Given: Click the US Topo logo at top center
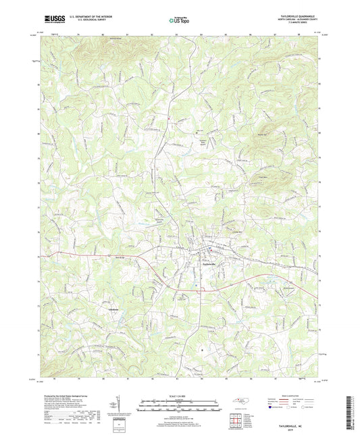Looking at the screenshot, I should coord(179,20).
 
